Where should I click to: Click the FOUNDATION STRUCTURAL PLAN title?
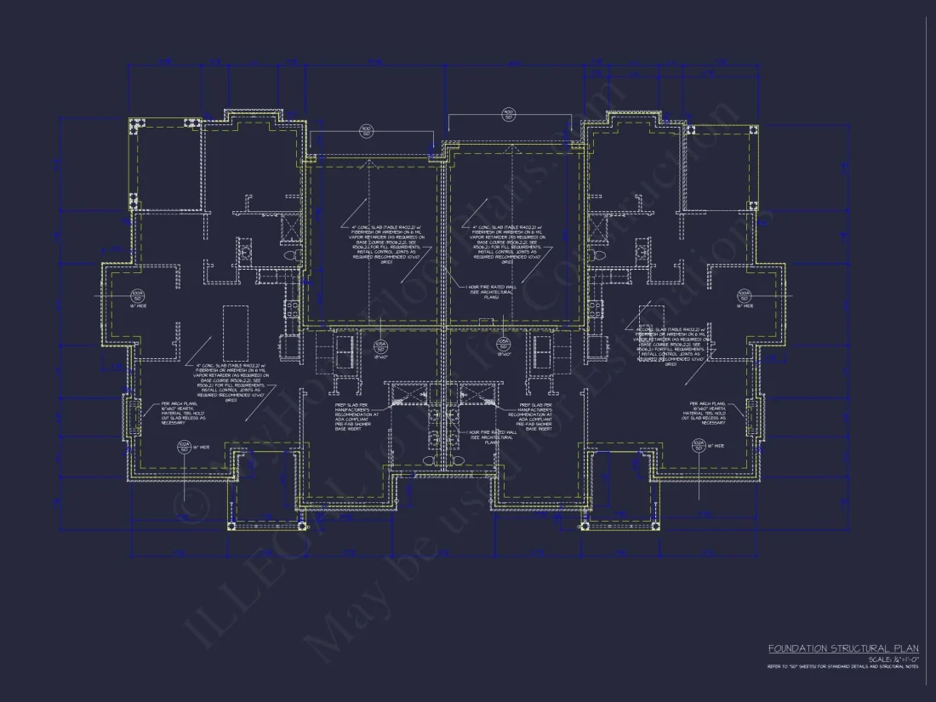click(842, 648)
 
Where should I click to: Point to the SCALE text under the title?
click(893, 659)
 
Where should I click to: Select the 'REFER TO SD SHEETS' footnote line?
click(842, 667)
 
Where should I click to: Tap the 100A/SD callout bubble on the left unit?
click(136, 295)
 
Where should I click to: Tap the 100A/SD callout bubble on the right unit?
click(744, 295)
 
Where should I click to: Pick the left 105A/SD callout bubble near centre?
click(380, 345)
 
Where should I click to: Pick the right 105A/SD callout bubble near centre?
click(503, 345)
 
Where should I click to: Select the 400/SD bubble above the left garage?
click(367, 132)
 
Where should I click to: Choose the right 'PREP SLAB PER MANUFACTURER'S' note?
click(533, 417)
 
